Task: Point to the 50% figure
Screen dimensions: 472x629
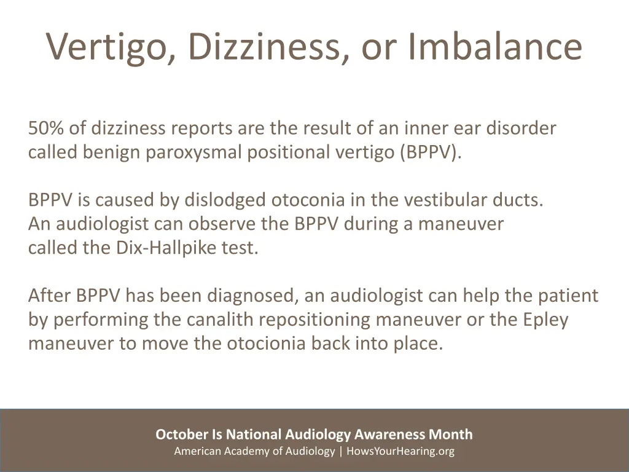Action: pos(45,128)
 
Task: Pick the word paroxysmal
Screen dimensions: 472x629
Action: pos(194,152)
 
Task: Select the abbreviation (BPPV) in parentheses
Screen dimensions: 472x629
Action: pos(429,152)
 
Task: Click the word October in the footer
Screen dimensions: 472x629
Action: pos(182,435)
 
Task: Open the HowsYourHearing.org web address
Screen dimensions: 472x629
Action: pos(400,451)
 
